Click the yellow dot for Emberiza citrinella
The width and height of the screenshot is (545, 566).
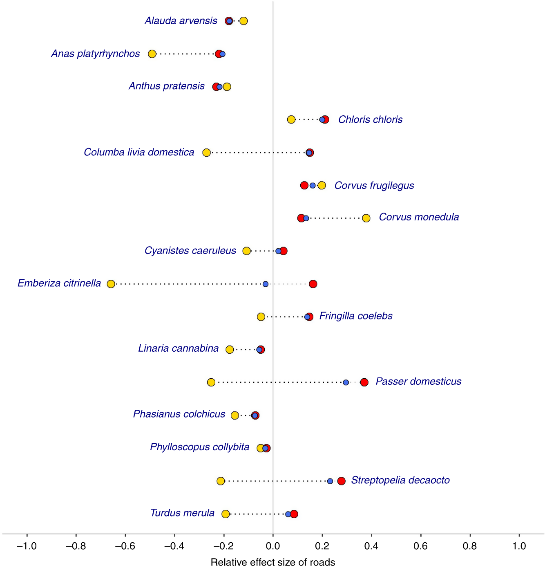pos(111,284)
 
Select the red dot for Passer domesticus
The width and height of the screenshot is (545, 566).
pos(364,382)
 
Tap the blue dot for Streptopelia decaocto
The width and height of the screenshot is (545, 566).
pos(330,481)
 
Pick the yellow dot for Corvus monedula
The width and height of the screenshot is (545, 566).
pos(366,218)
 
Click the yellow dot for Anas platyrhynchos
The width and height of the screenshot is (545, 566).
pos(152,54)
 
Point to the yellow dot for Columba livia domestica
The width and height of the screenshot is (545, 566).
pos(207,153)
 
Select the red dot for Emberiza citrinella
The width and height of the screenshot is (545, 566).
pos(313,284)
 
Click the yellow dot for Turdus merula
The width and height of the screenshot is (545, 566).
pos(226,514)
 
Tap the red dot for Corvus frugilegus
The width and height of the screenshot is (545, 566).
pos(304,186)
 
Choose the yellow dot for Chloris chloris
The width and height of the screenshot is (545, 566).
pos(291,120)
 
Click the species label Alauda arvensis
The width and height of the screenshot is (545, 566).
pos(181,21)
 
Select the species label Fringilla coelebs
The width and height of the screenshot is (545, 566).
pos(355,316)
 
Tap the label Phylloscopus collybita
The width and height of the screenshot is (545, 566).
pos(199,447)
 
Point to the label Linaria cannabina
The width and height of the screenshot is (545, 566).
pos(178,348)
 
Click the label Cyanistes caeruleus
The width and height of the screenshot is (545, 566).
pos(190,251)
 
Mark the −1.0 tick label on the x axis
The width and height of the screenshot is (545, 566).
pos(27,546)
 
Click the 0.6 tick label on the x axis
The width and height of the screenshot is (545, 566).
pos(421,546)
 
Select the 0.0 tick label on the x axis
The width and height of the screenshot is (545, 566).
pos(273,546)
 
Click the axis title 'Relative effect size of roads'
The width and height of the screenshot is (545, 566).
pos(273,562)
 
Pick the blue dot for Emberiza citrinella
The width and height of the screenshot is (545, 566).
pos(266,284)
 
